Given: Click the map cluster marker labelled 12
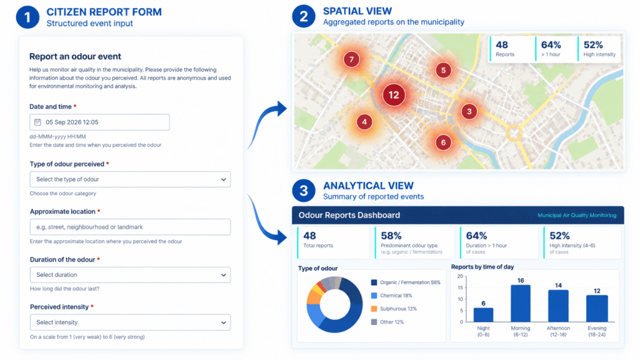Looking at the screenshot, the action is [x=394, y=95].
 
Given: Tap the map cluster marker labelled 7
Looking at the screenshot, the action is [x=351, y=59].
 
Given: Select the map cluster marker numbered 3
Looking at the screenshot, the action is [x=469, y=111].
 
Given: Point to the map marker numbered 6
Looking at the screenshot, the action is [x=443, y=142].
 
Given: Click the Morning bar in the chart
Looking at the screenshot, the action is [x=521, y=303].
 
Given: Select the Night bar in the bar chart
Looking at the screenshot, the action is [x=483, y=315].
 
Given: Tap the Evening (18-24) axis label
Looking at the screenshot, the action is [x=597, y=331].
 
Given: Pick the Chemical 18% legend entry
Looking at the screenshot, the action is [x=392, y=296].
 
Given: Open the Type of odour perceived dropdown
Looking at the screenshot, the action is [x=130, y=179].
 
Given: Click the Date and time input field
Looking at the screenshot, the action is [x=99, y=122].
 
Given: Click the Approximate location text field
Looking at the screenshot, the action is [x=130, y=227].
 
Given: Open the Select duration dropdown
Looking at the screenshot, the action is [x=130, y=275].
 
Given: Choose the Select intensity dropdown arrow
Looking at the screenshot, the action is [x=223, y=322].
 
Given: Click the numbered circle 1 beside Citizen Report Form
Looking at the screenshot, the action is [x=27, y=17].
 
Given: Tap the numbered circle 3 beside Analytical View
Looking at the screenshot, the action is [x=304, y=190].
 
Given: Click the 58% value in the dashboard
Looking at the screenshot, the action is [x=391, y=236].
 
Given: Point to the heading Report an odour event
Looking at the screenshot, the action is [x=75, y=56].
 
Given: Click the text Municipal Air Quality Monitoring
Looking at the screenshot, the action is [x=577, y=215].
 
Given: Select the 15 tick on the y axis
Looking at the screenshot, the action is [x=461, y=287].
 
